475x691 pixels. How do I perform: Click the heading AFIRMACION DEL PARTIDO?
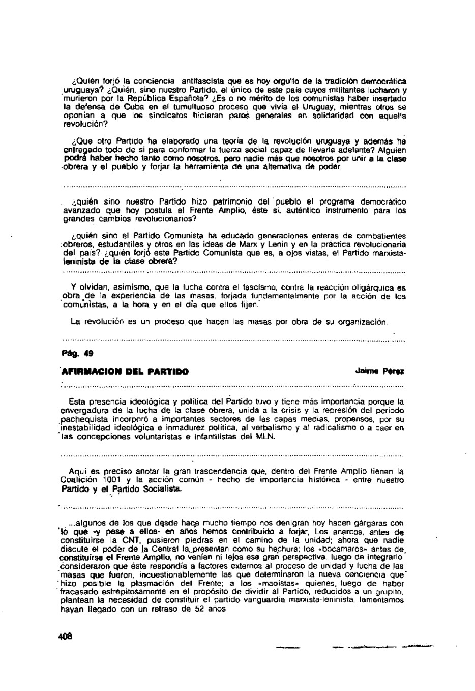(x=125, y=371)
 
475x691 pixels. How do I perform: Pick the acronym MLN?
(x=266, y=436)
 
